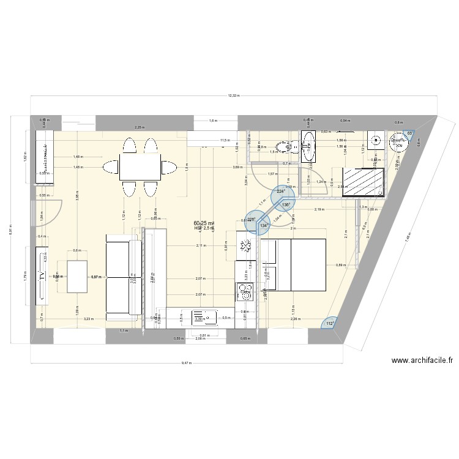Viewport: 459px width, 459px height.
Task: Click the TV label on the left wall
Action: [42, 276]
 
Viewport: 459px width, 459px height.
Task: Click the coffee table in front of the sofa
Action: [77, 276]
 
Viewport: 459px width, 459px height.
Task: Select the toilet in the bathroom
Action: [284, 146]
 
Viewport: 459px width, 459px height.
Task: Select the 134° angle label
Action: [264, 226]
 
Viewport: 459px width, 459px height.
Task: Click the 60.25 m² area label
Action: [203, 223]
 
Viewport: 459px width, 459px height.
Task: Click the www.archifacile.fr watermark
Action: [423, 361]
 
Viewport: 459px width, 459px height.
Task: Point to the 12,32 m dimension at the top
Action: [233, 95]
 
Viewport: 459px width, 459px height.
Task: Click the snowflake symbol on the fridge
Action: [245, 247]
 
